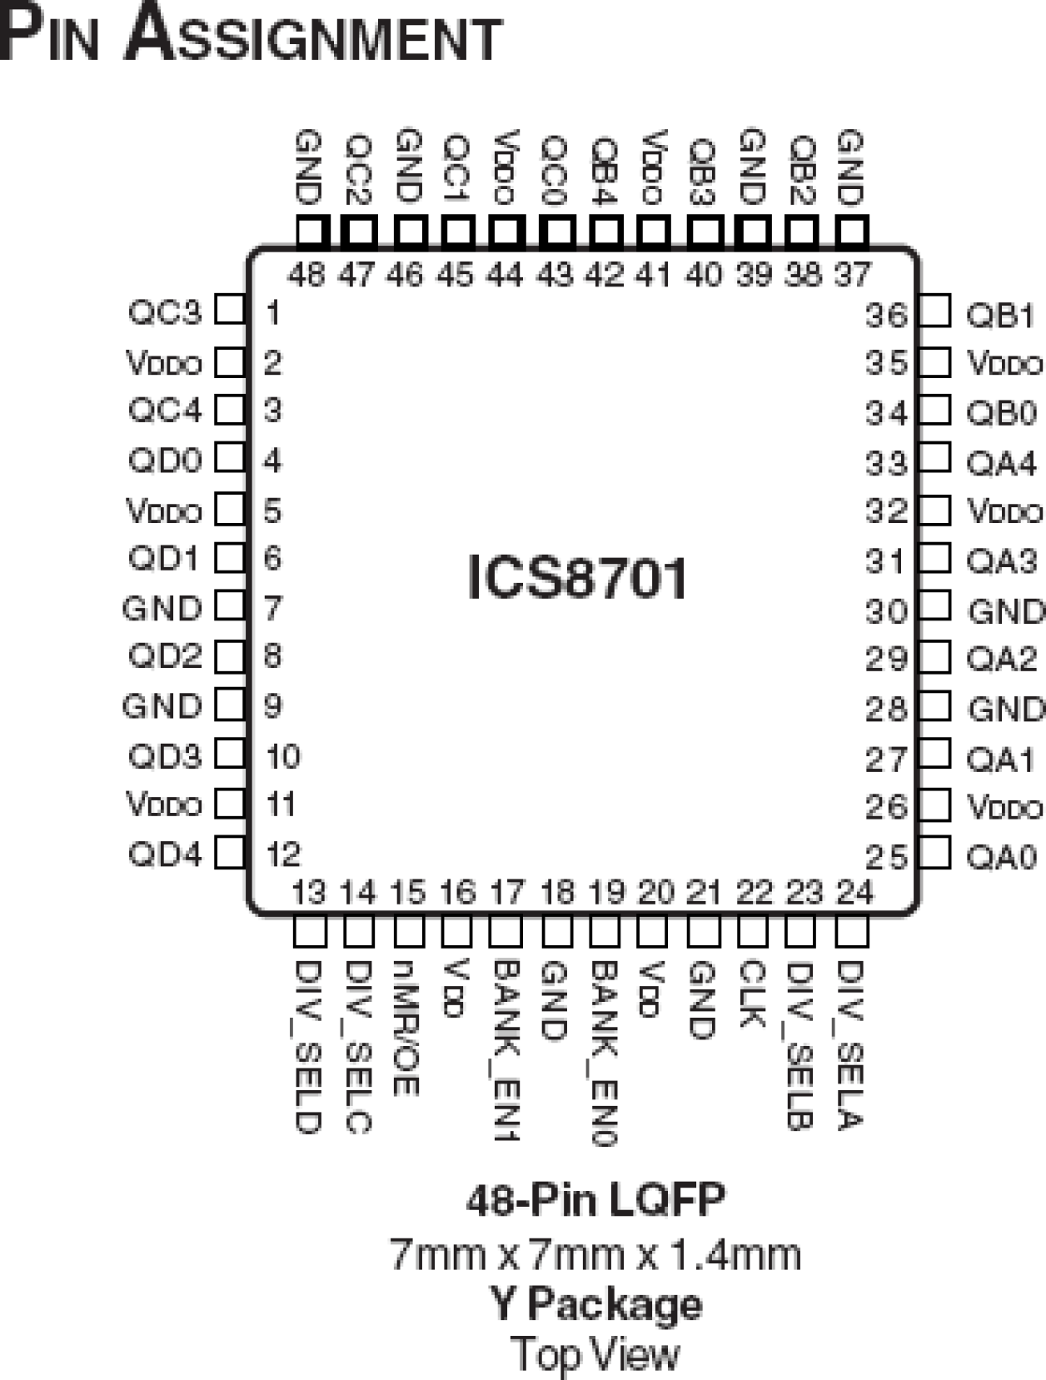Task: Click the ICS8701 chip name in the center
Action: [x=577, y=577]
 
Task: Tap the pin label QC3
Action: [x=165, y=312]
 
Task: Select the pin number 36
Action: [x=885, y=315]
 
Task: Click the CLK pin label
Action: [x=751, y=994]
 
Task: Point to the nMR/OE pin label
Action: [x=406, y=1029]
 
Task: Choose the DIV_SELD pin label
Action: [x=308, y=1047]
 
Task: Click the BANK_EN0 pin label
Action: [x=604, y=1054]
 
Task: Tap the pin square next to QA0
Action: [x=934, y=853]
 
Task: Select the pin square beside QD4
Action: [x=230, y=853]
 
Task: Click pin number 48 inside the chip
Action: [x=306, y=273]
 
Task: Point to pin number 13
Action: [x=308, y=892]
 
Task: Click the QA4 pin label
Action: [x=1001, y=463]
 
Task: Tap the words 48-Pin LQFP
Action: [x=595, y=1200]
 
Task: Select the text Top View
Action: [x=595, y=1353]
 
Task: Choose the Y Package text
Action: [x=595, y=1303]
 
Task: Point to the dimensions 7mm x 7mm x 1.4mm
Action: [x=595, y=1253]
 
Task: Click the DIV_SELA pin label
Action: [x=849, y=1045]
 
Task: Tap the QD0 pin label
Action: [x=165, y=460]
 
